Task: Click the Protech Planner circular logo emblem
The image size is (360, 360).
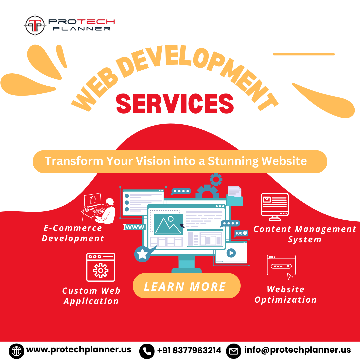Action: (35, 25)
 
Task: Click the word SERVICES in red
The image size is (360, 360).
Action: (175, 103)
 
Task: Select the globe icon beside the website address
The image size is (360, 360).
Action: (16, 351)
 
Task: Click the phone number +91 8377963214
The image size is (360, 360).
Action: (189, 350)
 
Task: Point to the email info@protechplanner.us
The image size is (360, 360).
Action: (297, 350)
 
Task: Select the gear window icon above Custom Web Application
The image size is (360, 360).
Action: (101, 267)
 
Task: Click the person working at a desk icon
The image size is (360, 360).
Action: (99, 208)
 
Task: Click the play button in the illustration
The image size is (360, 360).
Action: (231, 253)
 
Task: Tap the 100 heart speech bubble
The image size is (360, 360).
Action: (241, 233)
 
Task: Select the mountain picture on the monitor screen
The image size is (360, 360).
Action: (168, 224)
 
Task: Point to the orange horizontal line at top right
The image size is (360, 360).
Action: (303, 54)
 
